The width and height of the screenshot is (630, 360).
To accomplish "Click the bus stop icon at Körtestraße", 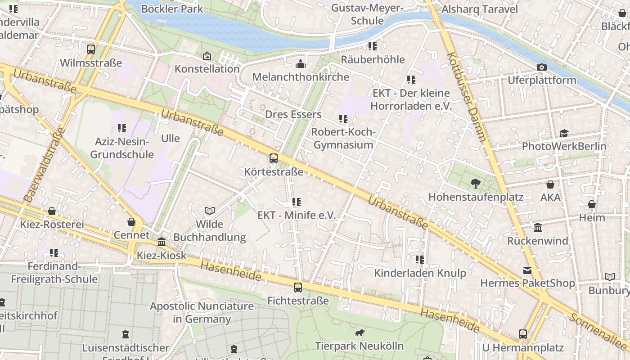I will click(273, 158).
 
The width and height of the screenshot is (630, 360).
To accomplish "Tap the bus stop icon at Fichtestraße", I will click(297, 287).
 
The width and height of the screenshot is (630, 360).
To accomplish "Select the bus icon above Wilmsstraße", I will click(91, 49).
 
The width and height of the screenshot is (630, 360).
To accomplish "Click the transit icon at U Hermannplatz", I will click(522, 334).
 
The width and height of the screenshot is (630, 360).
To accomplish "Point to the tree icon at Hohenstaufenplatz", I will click(475, 184).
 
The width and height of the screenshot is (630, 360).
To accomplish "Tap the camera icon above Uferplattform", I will click(542, 67).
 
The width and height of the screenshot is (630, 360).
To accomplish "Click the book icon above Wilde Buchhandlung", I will click(209, 211).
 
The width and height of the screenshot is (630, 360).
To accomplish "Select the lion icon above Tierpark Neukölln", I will click(359, 333).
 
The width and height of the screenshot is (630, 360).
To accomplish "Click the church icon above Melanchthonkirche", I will click(301, 64).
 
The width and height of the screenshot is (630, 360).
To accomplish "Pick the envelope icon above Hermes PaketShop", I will click(527, 270).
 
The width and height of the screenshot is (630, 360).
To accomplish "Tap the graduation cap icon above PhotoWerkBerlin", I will click(564, 133).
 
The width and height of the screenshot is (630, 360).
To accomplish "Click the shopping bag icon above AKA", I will click(550, 184).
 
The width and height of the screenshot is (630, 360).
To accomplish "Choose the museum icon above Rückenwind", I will click(537, 228).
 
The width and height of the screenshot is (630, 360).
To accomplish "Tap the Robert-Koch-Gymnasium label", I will click(343, 139).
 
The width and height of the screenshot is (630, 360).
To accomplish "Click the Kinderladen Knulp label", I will click(420, 273).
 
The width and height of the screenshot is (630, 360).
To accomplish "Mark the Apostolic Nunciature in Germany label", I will click(202, 313).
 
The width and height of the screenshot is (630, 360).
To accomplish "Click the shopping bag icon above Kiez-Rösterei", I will click(52, 211).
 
